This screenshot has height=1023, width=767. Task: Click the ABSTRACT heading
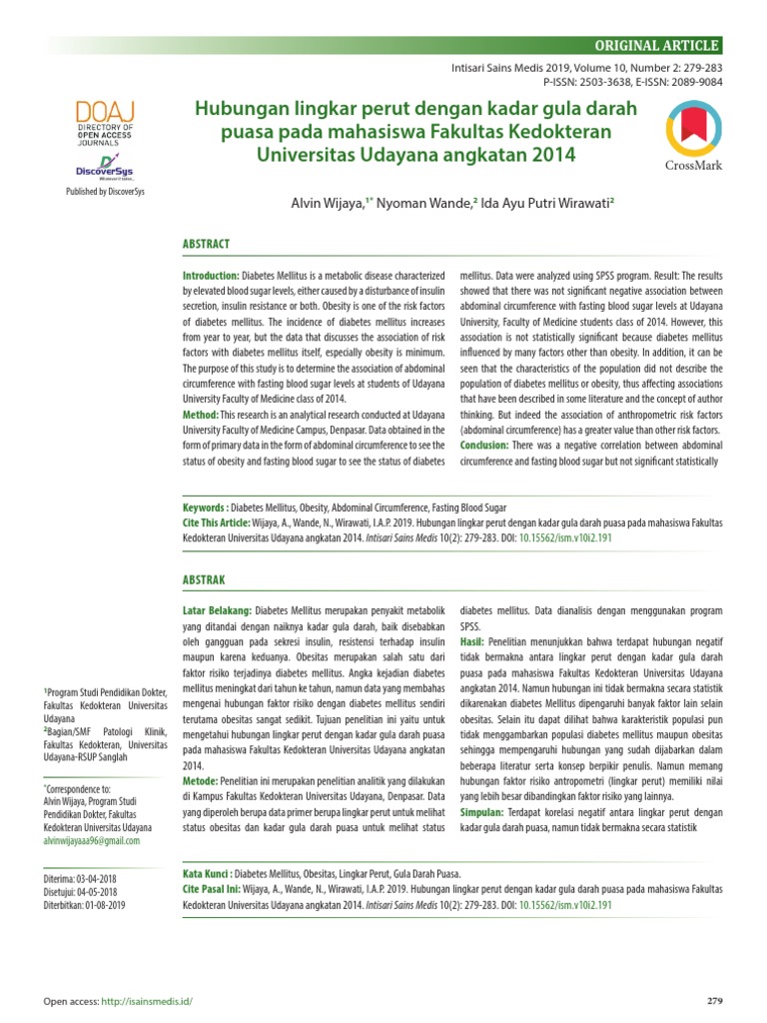click(x=205, y=244)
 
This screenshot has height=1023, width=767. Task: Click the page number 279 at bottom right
click(x=714, y=1001)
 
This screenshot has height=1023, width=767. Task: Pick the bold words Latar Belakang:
click(x=217, y=609)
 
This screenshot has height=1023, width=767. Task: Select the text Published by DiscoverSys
click(x=105, y=192)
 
